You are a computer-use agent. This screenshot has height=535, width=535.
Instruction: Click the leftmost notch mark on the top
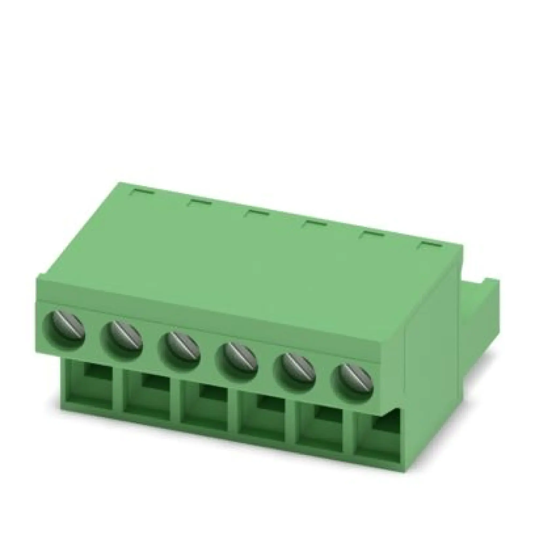pos(142,191)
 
